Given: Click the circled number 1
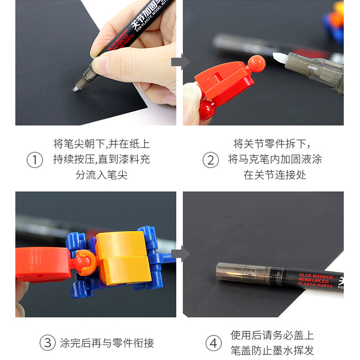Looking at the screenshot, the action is coord(35,160).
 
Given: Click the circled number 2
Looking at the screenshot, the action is coord(211,160).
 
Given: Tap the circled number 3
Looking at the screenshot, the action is coord(48,343).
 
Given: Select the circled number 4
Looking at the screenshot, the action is coord(213,343).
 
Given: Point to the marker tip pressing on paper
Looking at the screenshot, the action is coord(74,89).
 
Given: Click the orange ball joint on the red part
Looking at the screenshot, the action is coord(256,63).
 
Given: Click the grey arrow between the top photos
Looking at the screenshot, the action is coord(180,62).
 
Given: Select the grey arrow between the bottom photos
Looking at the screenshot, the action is coord(180,254).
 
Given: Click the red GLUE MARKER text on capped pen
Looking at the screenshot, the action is coord(315,280).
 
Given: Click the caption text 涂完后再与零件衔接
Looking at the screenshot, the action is coord(107,343).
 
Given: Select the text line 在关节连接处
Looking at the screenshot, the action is coord(274,175).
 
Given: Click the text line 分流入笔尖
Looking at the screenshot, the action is coord(101,175).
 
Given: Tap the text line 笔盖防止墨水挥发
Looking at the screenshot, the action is coord(272,351).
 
